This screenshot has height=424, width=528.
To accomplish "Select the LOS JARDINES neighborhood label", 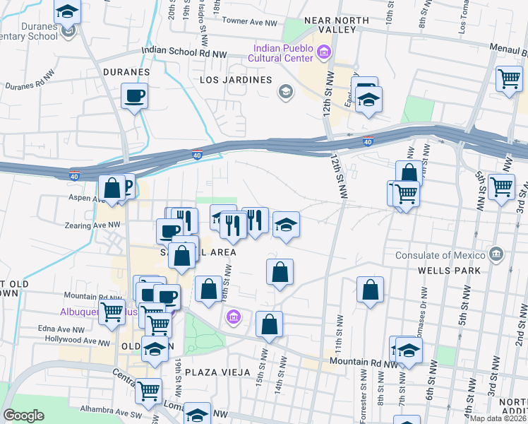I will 236,80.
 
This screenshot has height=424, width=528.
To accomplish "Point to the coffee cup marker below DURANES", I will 134,95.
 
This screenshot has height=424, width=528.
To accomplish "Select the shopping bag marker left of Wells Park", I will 370,290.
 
